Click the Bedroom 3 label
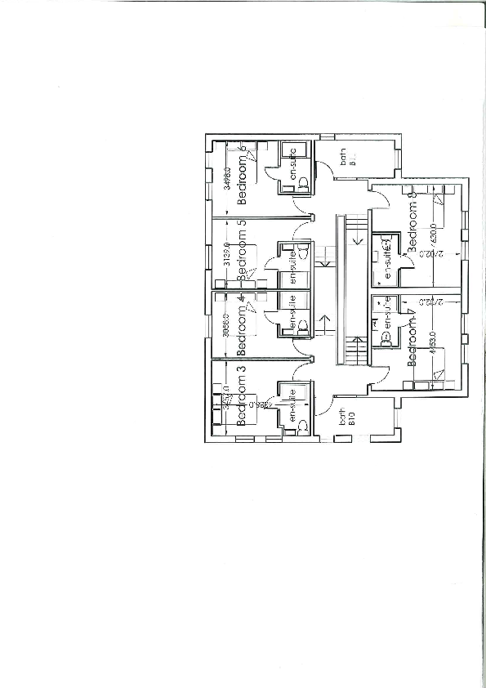pos(241,396)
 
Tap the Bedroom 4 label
pos(241,327)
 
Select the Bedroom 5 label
pos(241,252)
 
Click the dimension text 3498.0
pos(226,179)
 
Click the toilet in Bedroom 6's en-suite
pos(301,181)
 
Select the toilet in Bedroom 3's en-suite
pos(301,423)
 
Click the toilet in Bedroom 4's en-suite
pos(301,325)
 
